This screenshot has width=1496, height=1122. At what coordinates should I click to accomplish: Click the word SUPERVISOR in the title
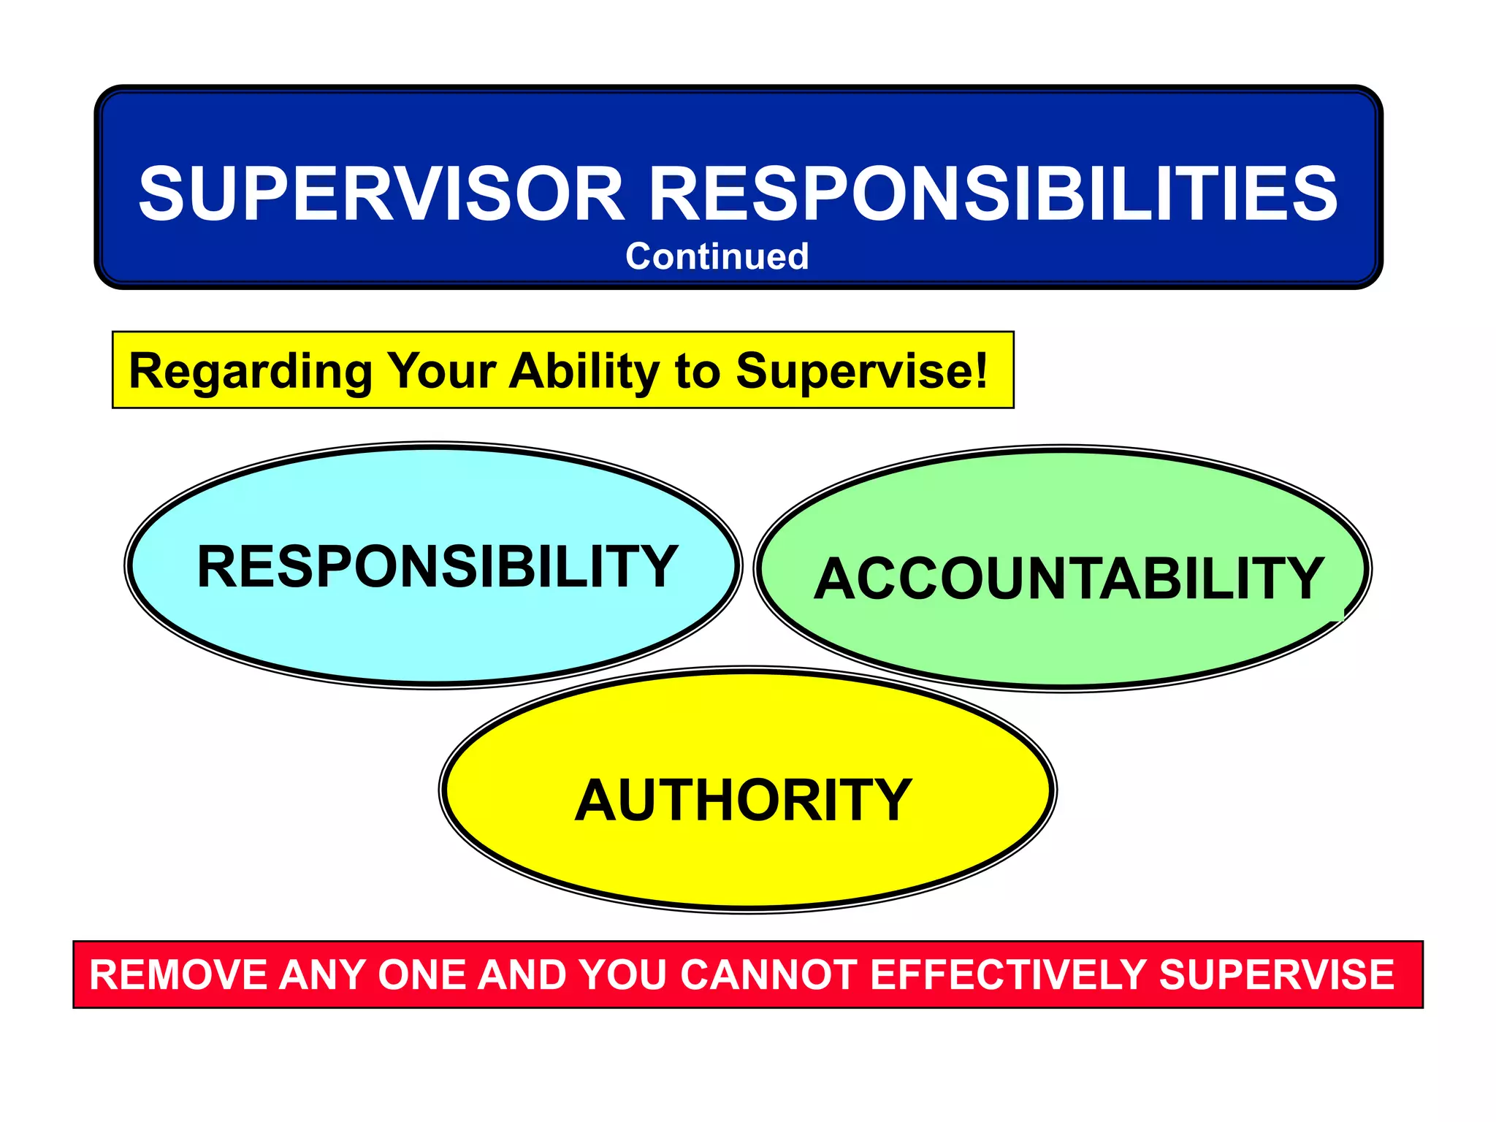(381, 194)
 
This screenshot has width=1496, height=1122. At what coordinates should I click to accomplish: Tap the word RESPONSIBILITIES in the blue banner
(993, 194)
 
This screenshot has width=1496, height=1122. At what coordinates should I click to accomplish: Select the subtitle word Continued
(717, 256)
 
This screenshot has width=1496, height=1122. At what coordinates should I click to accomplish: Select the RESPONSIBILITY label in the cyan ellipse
(438, 566)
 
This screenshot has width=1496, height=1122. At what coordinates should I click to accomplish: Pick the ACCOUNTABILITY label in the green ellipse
(1069, 579)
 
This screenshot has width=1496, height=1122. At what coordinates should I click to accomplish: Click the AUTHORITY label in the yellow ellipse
(744, 801)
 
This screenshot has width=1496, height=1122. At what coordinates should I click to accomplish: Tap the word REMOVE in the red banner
(178, 975)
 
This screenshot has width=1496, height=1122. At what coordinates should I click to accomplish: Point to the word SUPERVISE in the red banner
(1276, 975)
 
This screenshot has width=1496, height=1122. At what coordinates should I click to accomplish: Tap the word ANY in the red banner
(322, 975)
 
